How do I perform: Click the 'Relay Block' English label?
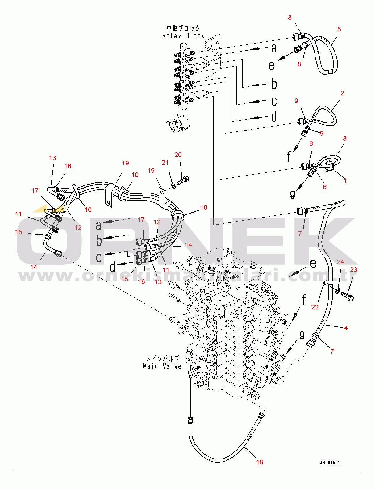[183, 36]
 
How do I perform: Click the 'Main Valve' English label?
[162, 366]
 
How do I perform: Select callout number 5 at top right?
[339, 29]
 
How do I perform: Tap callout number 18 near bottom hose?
[260, 462]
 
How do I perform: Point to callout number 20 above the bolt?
[178, 155]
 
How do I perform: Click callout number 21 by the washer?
[165, 163]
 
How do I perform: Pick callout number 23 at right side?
[353, 270]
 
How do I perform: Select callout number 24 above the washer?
[340, 262]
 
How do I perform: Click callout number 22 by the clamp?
[315, 307]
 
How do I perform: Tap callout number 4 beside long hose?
[346, 328]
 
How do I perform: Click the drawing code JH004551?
[330, 463]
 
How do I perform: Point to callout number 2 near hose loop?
[342, 93]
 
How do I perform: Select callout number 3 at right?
[344, 139]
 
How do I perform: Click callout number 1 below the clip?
[345, 181]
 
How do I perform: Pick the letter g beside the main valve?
[302, 334]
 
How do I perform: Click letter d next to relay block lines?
[274, 117]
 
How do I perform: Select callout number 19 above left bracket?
[125, 163]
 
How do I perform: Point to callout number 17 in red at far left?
[35, 191]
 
